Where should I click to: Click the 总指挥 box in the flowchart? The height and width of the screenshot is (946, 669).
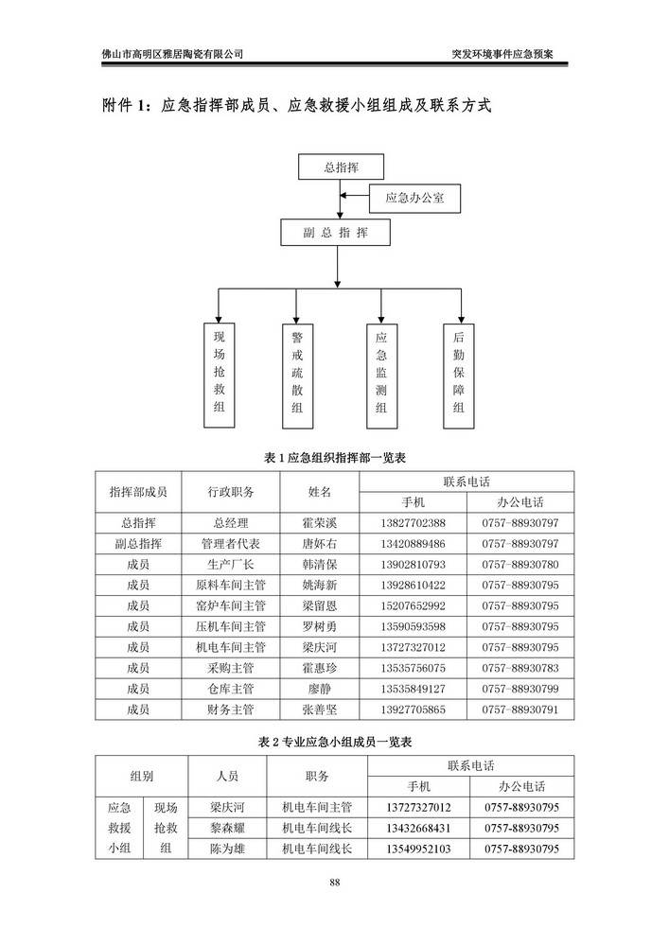coord(341,167)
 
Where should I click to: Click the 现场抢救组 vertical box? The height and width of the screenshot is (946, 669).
coord(220,373)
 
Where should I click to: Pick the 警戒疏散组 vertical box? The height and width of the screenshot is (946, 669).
coord(297,373)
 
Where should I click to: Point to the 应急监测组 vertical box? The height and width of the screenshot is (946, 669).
coord(381,373)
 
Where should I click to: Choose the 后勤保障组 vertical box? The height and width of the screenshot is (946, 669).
coord(459,373)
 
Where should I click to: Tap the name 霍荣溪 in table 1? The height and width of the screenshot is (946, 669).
coord(319,523)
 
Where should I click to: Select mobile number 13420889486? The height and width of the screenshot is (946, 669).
coord(412,544)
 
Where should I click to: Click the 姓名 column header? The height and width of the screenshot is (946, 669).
coord(319,492)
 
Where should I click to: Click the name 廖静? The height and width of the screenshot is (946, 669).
coord(319,688)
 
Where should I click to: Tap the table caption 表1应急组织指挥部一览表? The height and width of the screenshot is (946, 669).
coord(334,458)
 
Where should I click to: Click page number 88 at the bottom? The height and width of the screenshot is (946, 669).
coord(334,884)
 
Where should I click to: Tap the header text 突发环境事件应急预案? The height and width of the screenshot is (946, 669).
coord(510,54)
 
